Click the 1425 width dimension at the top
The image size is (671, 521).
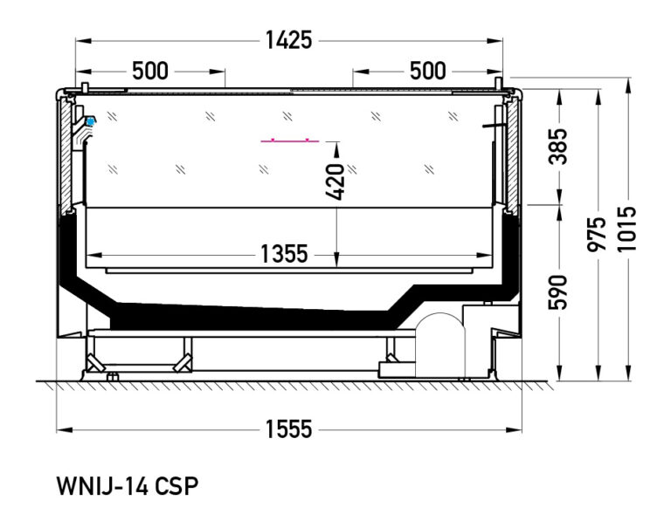click(289, 40)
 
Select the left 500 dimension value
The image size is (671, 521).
click(150, 71)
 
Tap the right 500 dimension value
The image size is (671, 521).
click(427, 71)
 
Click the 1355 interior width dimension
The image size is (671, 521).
click(284, 254)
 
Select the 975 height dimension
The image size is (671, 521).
click(598, 235)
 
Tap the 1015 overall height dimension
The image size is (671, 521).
click(628, 229)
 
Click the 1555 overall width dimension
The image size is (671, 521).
click(289, 428)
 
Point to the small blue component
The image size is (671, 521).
click(89, 120)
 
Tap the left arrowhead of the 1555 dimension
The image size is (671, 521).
click(61, 428)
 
